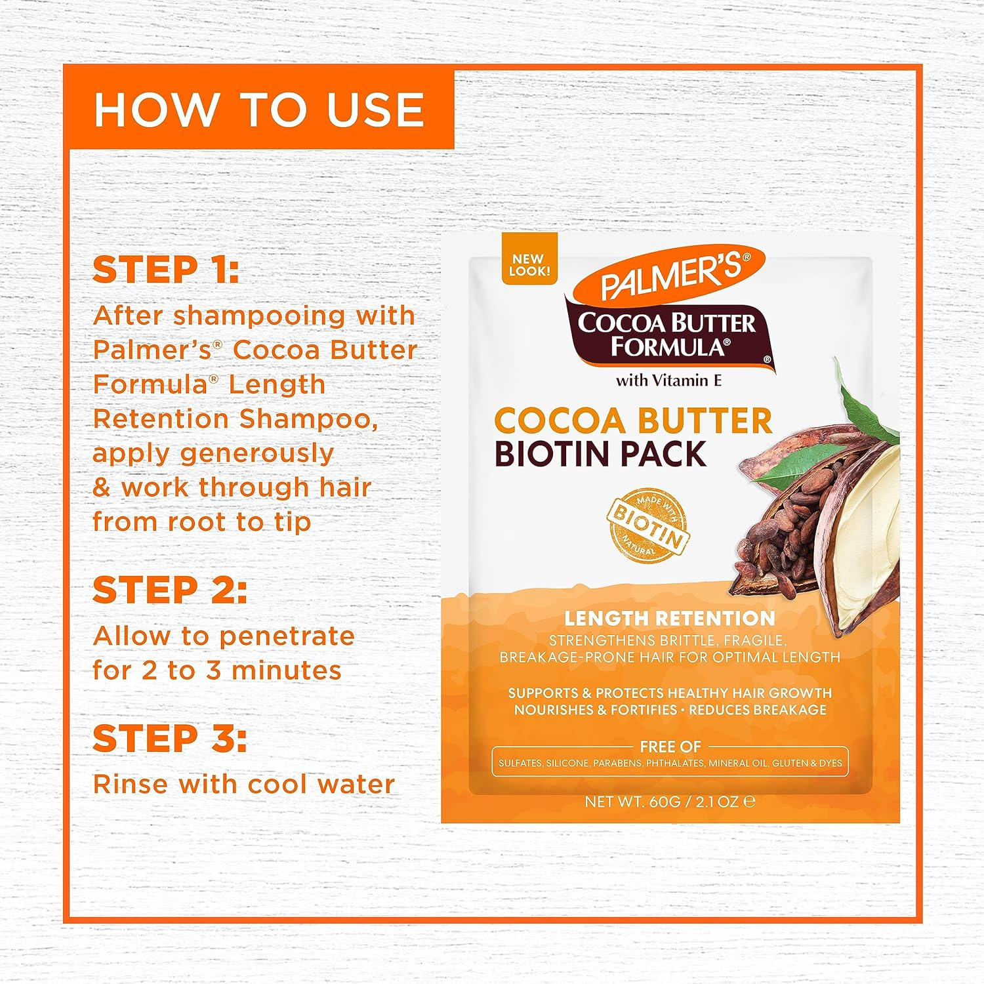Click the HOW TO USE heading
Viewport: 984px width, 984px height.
tap(258, 109)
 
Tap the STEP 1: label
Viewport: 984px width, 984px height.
tap(165, 270)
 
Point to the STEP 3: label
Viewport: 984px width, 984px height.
tap(169, 739)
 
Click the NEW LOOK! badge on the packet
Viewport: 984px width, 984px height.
tap(529, 264)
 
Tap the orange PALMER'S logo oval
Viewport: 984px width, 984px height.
tap(669, 274)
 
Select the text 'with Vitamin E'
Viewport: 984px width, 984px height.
tap(668, 380)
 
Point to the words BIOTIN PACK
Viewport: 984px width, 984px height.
tap(600, 455)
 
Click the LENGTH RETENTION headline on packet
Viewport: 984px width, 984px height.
tap(669, 618)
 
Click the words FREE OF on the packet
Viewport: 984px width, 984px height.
tap(670, 747)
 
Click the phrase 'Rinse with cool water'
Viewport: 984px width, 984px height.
tap(243, 784)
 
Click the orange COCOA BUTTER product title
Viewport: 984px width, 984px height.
tap(632, 420)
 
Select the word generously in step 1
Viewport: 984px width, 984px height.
tap(256, 453)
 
